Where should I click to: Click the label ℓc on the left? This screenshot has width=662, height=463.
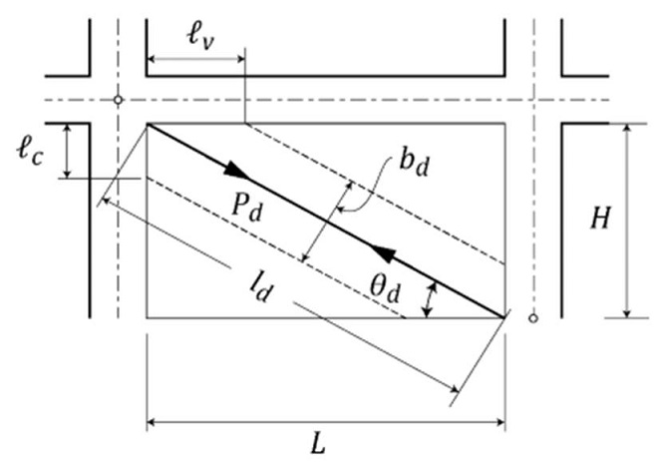click(29, 152)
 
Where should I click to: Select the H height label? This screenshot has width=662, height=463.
click(599, 220)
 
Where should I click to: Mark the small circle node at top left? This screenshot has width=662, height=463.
click(118, 100)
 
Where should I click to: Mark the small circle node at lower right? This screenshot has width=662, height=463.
click(533, 318)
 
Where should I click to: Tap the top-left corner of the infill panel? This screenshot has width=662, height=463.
click(148, 124)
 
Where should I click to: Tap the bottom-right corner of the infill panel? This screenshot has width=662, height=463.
click(504, 317)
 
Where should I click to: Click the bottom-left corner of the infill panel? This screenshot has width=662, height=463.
click(148, 317)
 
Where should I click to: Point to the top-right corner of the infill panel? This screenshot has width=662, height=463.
click(504, 124)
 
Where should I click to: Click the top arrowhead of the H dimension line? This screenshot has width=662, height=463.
click(627, 130)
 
